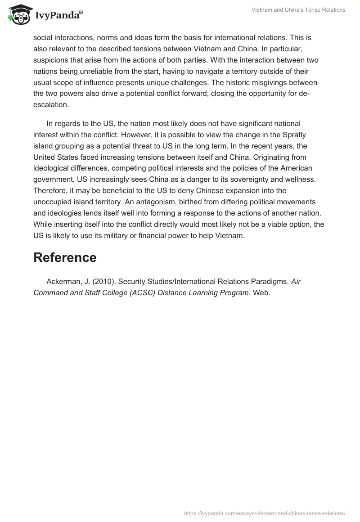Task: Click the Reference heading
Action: click(x=65, y=257)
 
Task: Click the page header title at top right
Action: click(x=298, y=10)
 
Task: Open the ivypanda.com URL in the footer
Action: click(x=265, y=513)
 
